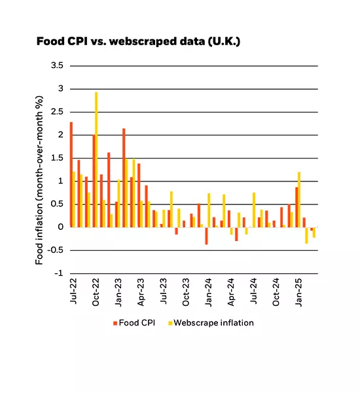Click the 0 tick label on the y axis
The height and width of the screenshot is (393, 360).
(60, 227)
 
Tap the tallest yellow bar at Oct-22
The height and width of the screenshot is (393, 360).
(96, 159)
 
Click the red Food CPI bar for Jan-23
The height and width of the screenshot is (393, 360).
(123, 178)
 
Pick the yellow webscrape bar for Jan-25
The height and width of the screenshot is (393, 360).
(299, 200)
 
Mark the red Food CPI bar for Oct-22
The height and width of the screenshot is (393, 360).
(93, 181)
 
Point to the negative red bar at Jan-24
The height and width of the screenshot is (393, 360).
(206, 236)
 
